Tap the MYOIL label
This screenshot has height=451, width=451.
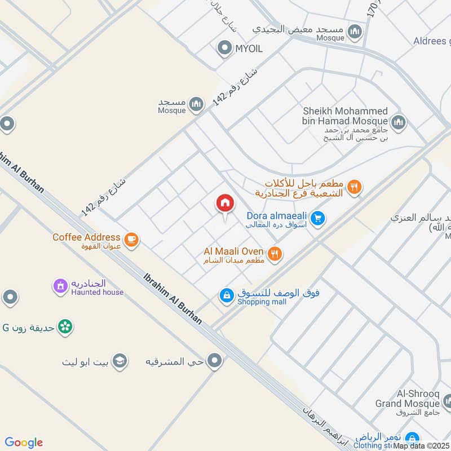[x=249, y=49]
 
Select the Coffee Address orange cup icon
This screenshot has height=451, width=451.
[x=131, y=240]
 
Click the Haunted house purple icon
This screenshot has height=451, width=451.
[x=60, y=287]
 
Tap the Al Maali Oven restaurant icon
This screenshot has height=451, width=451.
[x=275, y=254]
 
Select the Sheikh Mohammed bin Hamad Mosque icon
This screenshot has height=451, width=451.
[x=399, y=122]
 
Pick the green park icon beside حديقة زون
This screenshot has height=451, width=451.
[x=65, y=326]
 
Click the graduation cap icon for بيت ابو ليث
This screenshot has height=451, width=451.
[x=119, y=361]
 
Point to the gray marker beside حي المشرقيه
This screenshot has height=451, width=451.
[x=214, y=361]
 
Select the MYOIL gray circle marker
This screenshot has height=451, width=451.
[x=225, y=48]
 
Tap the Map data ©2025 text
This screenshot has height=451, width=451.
[x=421, y=446]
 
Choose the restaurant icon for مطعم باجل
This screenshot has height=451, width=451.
[x=354, y=188]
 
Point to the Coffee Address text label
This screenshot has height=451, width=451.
[x=86, y=237]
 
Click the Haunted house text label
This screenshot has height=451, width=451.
[x=98, y=292]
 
